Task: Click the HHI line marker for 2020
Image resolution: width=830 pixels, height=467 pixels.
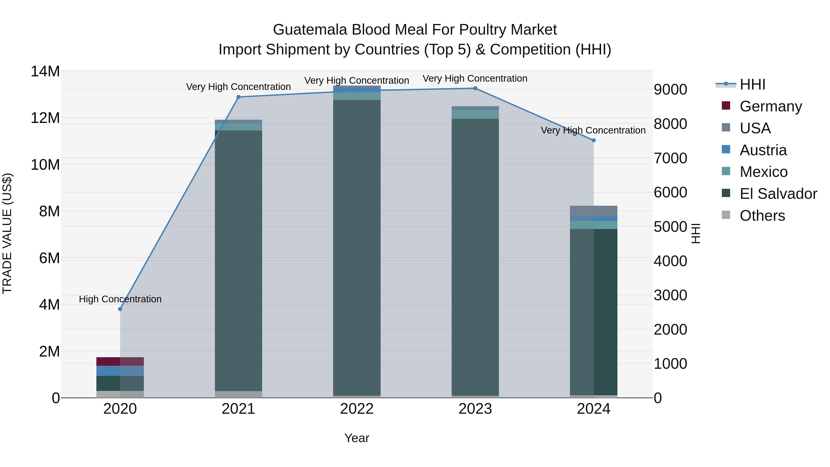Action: point(120,309)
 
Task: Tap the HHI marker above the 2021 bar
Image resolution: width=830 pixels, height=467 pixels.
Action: point(238,97)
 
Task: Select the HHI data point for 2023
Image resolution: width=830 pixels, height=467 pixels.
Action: point(475,88)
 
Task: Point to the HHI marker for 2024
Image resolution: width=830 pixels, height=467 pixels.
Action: point(593,140)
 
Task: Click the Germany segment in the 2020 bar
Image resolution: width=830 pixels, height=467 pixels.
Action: point(120,361)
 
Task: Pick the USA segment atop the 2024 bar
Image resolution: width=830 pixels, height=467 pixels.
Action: point(593,211)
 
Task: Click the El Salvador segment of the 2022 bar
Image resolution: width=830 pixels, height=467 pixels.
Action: point(357,248)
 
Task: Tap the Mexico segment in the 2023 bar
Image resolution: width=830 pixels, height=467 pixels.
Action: point(475,114)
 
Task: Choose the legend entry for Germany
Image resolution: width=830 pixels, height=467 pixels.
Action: point(770,106)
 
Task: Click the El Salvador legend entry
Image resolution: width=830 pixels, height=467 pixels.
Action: point(778,194)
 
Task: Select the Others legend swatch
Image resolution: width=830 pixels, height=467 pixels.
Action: point(726,215)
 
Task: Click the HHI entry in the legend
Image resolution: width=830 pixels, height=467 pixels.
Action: point(752,84)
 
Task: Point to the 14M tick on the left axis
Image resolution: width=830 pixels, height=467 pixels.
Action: point(45,71)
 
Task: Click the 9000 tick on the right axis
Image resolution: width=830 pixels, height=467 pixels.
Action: point(670,90)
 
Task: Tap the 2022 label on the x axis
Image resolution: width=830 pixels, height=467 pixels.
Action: point(357,409)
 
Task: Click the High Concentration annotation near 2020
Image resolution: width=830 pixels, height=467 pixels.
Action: point(120,299)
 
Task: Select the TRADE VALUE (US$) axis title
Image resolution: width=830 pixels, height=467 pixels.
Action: point(7,233)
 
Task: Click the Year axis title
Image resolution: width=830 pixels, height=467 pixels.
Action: point(357,438)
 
